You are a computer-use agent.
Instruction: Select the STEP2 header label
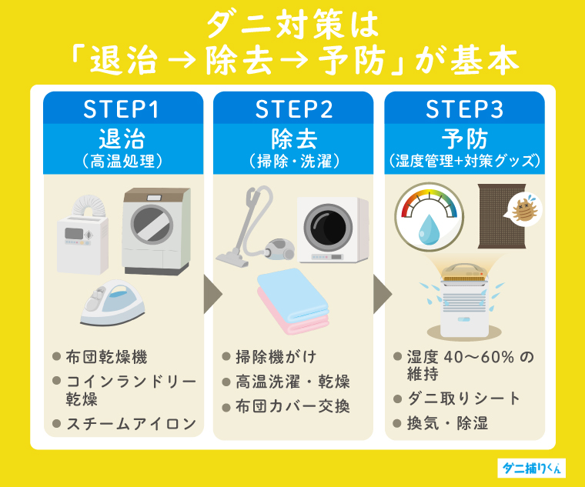click(293, 109)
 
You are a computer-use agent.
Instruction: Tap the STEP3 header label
click(464, 109)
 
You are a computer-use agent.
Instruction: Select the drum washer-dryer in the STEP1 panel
click(157, 231)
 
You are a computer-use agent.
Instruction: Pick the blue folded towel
click(292, 289)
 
